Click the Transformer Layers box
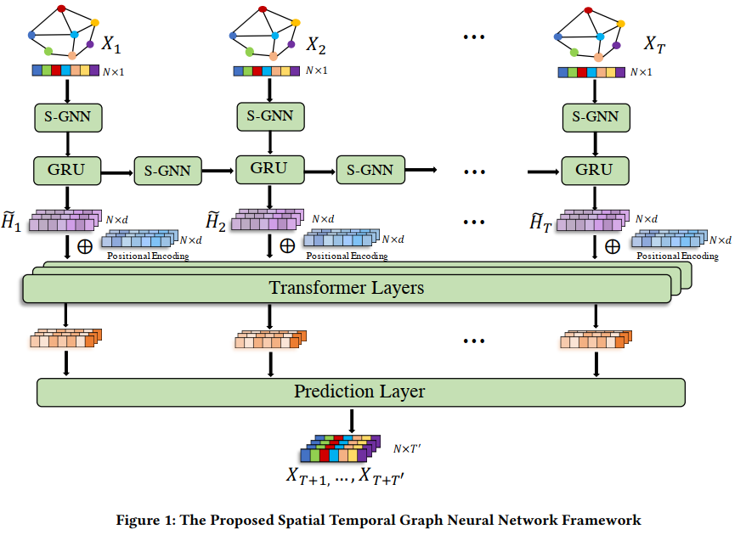point(346,288)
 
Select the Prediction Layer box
point(360,391)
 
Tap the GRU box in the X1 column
point(67,170)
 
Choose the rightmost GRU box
point(594,170)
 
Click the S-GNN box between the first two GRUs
point(167,172)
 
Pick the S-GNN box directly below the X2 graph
point(269,116)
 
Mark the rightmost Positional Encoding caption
point(677,256)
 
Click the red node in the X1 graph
point(61,9)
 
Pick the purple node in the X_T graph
point(615,44)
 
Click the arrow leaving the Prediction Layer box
point(352,422)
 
